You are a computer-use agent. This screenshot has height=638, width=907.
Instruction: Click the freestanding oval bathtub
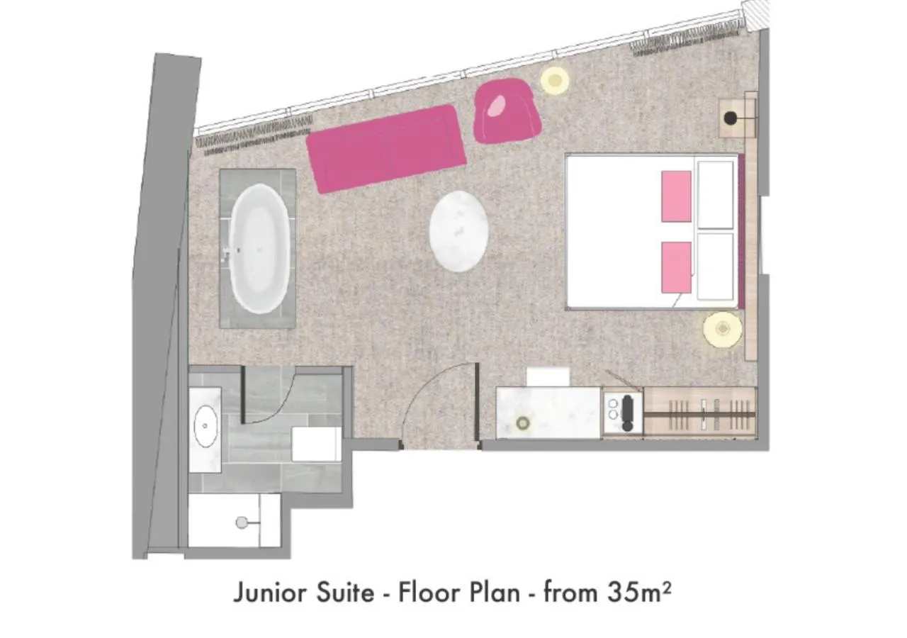(x=260, y=248)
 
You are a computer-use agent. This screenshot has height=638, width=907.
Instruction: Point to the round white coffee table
(x=458, y=232)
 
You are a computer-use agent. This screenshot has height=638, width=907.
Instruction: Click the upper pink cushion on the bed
(x=677, y=196)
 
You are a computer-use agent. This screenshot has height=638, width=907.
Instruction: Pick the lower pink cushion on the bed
(x=677, y=267)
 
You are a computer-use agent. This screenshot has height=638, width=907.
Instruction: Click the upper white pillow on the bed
(x=715, y=194)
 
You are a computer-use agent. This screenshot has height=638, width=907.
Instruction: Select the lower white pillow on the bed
(x=715, y=267)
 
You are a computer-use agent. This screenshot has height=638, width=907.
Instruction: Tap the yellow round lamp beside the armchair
(x=555, y=80)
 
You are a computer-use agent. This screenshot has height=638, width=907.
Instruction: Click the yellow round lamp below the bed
(x=722, y=329)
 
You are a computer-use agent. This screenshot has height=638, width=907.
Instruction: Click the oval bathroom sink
(x=205, y=426)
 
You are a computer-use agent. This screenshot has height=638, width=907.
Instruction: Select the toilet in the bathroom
(x=317, y=444)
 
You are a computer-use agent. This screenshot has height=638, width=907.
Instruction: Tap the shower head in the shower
(x=242, y=522)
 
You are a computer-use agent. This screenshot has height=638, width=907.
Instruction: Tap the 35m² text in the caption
(x=638, y=592)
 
